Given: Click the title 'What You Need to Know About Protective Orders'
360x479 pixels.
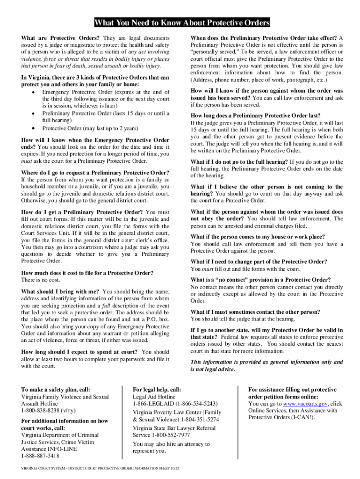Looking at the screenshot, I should [182, 23].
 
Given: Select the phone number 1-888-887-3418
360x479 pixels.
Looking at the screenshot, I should [40, 456].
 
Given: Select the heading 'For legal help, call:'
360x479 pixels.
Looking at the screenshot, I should [157, 390].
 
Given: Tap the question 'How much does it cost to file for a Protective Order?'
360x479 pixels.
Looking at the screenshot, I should [87, 273].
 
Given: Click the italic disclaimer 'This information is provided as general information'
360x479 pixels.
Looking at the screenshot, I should [266, 362].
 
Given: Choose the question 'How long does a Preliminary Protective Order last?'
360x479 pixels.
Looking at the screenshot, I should [256, 116].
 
